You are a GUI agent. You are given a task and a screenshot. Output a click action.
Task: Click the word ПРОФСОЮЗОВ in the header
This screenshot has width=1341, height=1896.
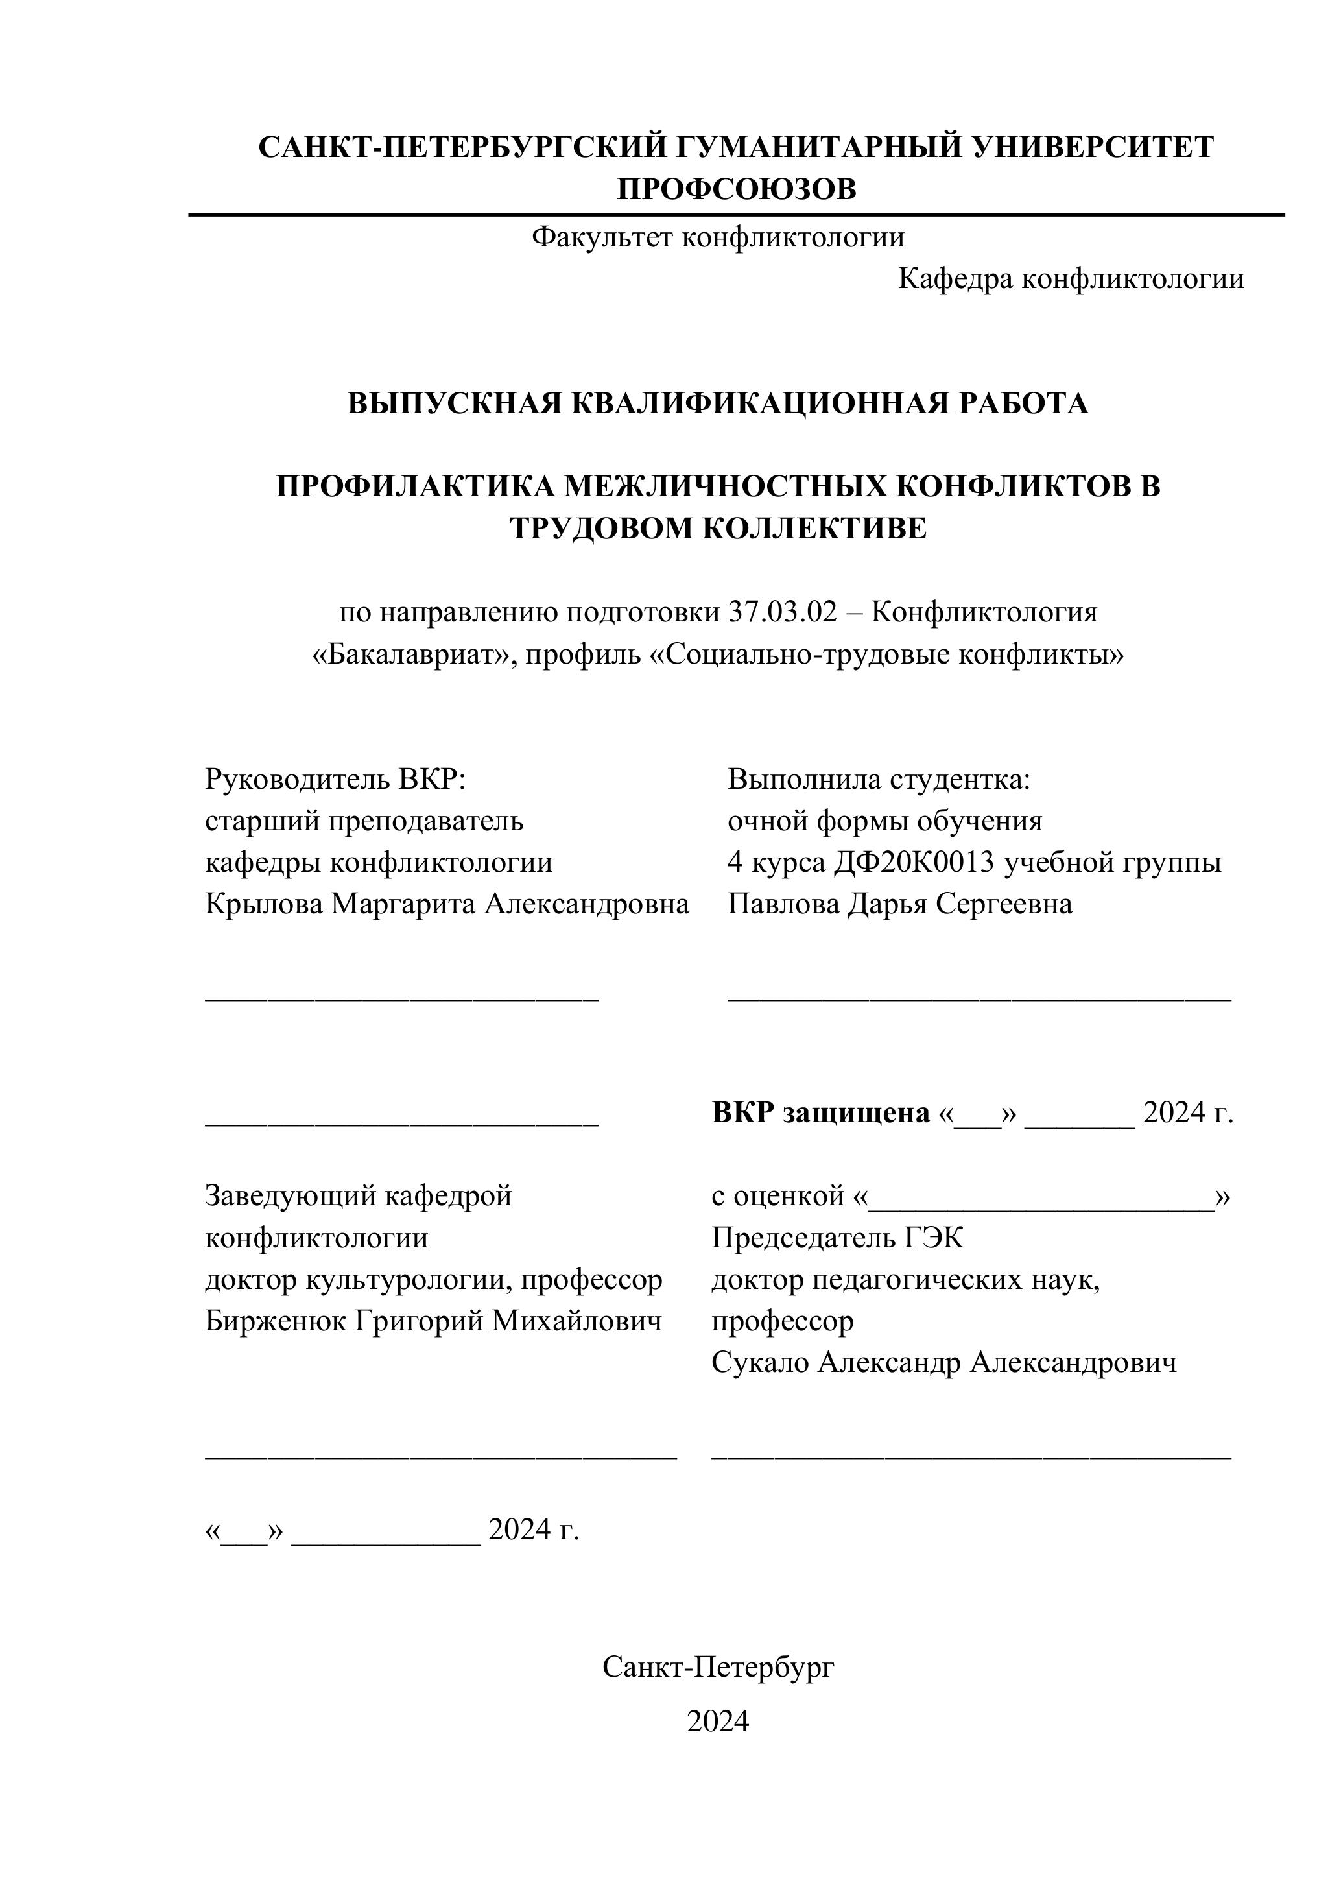(737, 189)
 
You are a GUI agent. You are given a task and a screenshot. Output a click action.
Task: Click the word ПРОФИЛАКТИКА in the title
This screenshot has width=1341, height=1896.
(416, 486)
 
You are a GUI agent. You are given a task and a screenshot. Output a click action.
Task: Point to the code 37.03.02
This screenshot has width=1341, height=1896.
(782, 613)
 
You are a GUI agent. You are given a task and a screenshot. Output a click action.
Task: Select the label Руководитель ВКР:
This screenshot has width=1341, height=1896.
(335, 779)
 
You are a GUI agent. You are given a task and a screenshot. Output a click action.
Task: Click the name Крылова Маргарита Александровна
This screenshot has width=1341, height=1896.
(447, 904)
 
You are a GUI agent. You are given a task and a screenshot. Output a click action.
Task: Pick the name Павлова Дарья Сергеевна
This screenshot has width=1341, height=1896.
(899, 904)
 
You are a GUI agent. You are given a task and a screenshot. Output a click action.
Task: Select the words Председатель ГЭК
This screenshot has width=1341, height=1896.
(837, 1238)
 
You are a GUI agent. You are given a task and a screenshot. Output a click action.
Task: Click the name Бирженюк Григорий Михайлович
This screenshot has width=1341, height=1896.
(434, 1321)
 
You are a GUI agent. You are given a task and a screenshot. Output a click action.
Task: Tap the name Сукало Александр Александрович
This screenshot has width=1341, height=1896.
(943, 1363)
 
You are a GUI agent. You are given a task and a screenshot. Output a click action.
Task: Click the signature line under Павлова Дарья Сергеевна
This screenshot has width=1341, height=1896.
(979, 1000)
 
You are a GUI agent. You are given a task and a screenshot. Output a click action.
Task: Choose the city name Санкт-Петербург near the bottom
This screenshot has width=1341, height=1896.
(718, 1667)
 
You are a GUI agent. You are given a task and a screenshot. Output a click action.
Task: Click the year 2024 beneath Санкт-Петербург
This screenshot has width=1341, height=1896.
(718, 1721)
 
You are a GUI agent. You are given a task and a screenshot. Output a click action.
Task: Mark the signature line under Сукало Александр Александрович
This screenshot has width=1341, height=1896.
(971, 1458)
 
